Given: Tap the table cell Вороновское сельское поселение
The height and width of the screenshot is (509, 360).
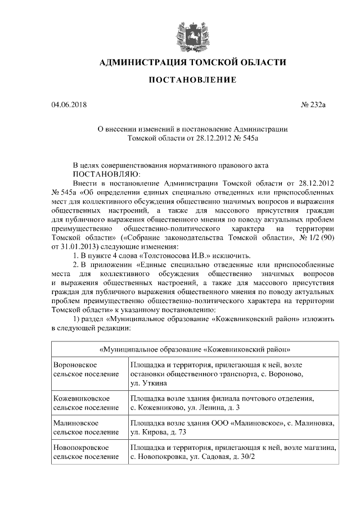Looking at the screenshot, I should (86, 369).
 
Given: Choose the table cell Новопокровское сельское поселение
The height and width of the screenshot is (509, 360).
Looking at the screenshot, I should (86, 452).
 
